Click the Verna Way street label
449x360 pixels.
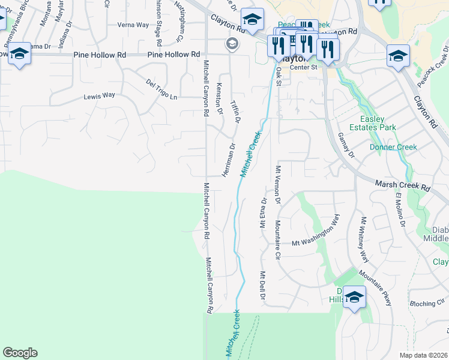pos(133,25)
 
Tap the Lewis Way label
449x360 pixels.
pos(99,95)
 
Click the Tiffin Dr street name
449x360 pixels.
pos(236,112)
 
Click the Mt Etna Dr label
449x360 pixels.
pos(263,212)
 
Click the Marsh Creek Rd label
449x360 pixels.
pos(403,186)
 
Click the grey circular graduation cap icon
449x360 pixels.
pos(232,43)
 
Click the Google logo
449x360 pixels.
pos(20,353)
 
